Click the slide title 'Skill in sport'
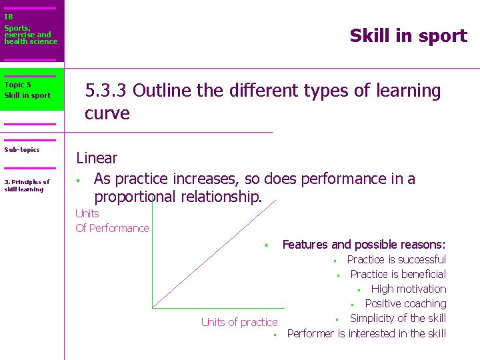[x=408, y=36]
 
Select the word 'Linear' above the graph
[x=97, y=158]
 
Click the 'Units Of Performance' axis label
[x=112, y=221]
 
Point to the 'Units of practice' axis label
[x=239, y=322]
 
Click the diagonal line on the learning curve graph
[x=213, y=253]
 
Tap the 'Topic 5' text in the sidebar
[x=17, y=85]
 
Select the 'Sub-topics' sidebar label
[x=22, y=150]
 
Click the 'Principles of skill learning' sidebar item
[x=27, y=185]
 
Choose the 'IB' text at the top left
[x=8, y=17]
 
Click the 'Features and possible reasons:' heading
[x=364, y=245]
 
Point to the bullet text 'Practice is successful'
[x=397, y=259]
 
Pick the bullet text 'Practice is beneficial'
[x=398, y=274]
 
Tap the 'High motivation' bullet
[x=409, y=289]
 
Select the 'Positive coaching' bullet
[x=405, y=303]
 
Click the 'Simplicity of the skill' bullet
[x=398, y=318]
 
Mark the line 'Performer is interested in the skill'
[x=366, y=333]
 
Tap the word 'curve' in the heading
[x=107, y=113]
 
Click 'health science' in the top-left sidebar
[x=31, y=41]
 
